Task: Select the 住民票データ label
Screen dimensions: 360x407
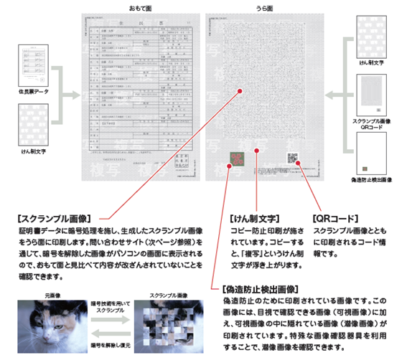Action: coord(32,92)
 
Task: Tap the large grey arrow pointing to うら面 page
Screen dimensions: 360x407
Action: coord(338,93)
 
